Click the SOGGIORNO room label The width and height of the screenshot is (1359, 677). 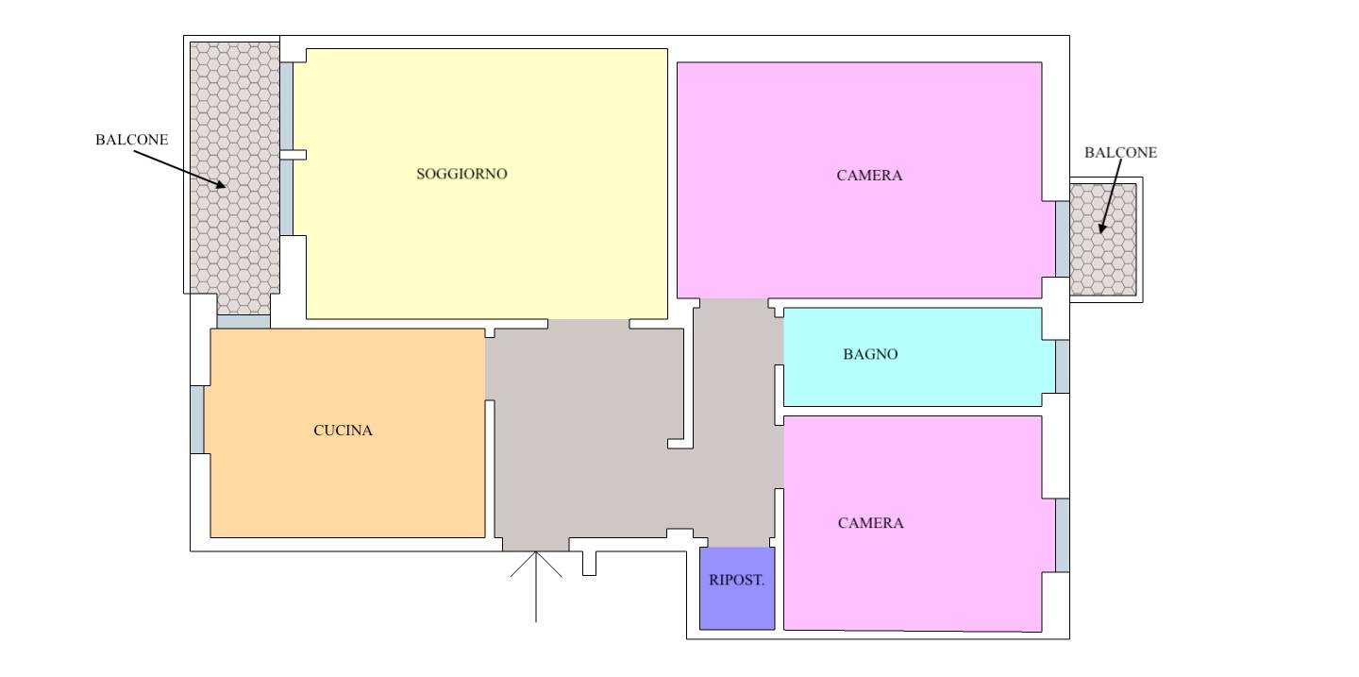tap(461, 175)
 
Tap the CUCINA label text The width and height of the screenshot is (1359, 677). tap(343, 431)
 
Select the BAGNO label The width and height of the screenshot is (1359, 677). tap(870, 355)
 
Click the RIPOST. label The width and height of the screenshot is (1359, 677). tap(736, 580)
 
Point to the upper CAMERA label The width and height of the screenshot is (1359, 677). tap(869, 176)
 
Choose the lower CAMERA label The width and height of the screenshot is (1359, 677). tap(870, 523)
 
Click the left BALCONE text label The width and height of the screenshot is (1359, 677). tap(132, 140)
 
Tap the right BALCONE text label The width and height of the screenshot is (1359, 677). tap(1120, 152)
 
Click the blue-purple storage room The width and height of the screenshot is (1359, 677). tap(737, 588)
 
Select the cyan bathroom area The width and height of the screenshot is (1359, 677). tap(919, 357)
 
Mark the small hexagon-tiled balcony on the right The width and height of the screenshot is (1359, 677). tap(1103, 240)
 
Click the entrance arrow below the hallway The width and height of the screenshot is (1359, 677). tap(536, 586)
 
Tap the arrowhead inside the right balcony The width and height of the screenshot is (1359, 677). tap(1102, 228)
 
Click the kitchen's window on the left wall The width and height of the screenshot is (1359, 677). tap(197, 419)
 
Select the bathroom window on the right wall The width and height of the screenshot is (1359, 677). tap(1063, 366)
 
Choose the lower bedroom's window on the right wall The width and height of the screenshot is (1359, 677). tap(1063, 535)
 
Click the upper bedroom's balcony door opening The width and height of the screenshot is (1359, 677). tap(1063, 239)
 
